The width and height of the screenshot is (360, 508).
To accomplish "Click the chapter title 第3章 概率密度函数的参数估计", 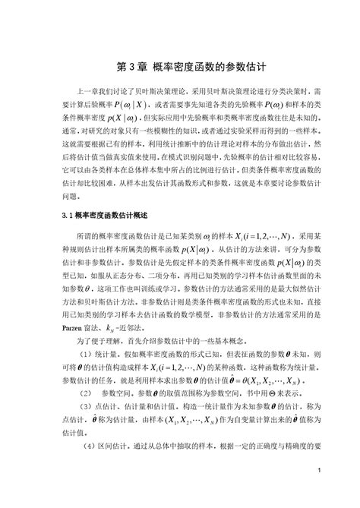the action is click(180, 67).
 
